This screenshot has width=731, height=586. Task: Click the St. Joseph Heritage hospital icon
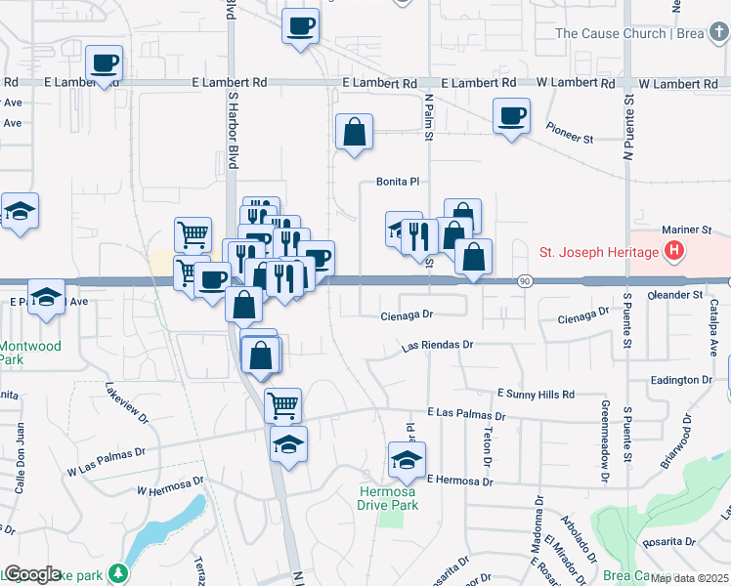673,253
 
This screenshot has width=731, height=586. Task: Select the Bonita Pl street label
398,182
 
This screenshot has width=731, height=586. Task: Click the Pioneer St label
570,140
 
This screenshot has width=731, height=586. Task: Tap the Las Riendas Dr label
438,346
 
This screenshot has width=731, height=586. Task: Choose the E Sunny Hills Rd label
536,394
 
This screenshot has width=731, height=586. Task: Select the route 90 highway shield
524,281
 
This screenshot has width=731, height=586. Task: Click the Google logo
32,574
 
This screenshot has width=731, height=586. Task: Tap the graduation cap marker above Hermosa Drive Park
407,458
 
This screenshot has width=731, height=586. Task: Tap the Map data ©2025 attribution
690,578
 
